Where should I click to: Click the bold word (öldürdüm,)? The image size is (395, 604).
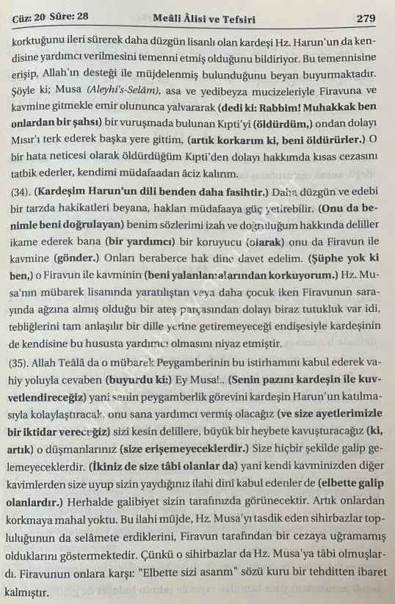point(278,124)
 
